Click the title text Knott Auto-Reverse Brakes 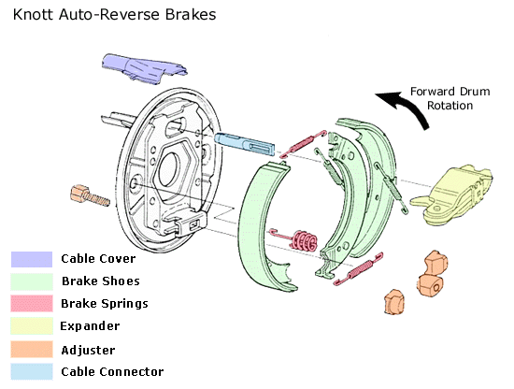(114, 15)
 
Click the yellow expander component (452, 195)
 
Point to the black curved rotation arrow (409, 106)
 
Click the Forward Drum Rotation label (450, 98)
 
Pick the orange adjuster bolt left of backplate (90, 195)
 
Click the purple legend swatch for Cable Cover (32, 259)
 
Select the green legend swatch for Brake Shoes (32, 281)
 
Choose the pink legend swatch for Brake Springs (32, 303)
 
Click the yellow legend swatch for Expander (32, 325)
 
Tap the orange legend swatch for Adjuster (32, 349)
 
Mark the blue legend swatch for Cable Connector (32, 371)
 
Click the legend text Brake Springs (105, 304)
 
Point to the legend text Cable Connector (112, 372)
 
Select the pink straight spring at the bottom (358, 269)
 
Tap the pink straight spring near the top (303, 143)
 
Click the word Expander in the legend (90, 326)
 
